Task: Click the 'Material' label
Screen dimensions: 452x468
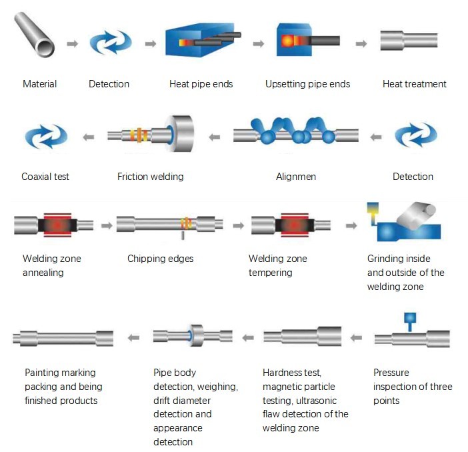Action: tap(40, 84)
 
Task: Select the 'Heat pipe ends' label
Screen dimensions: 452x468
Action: tap(201, 84)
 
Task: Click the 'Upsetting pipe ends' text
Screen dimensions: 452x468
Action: tap(307, 84)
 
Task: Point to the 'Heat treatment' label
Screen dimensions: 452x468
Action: tap(414, 84)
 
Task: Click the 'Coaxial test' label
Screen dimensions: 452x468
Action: tap(45, 177)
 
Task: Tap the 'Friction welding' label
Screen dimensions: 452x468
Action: tap(150, 177)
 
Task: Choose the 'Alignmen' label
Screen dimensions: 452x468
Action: tap(296, 177)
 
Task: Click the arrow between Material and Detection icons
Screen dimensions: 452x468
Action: tap(72, 43)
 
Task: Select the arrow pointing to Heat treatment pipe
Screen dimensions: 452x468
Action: tap(361, 43)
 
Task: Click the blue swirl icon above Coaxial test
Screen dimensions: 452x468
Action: tap(46, 135)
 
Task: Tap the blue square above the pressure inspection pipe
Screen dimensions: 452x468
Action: tap(410, 319)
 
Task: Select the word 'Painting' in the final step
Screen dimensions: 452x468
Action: tap(43, 373)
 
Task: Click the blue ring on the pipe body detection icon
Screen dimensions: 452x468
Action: tap(191, 335)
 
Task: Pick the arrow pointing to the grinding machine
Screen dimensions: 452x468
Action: tap(351, 226)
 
